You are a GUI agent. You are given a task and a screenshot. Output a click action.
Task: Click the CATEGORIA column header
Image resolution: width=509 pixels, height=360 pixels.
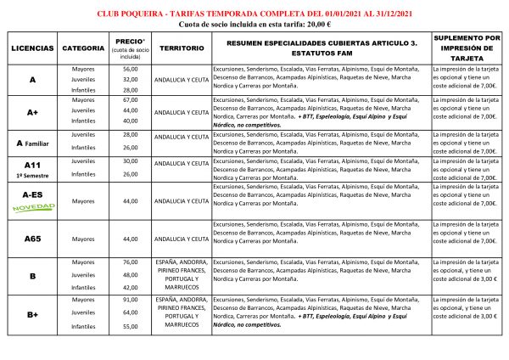tap(84, 48)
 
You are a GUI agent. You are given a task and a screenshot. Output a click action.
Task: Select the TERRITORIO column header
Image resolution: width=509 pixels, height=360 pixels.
tap(181, 48)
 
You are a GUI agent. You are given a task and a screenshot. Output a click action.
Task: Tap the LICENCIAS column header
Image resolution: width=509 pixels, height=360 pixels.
tap(33, 48)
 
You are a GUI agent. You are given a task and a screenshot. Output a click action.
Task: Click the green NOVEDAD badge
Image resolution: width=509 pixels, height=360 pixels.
tap(33, 207)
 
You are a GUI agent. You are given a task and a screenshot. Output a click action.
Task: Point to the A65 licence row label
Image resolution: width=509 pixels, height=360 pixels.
tap(33, 239)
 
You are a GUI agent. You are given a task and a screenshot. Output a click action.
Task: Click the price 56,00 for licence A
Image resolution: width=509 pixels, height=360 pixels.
tap(130, 69)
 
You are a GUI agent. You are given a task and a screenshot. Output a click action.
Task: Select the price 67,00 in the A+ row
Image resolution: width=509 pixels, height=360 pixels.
tap(130, 99)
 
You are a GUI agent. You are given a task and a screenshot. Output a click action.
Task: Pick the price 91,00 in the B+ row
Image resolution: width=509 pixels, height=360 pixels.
tap(130, 300)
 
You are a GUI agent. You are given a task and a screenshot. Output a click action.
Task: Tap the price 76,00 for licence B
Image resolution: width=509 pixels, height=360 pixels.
tap(130, 262)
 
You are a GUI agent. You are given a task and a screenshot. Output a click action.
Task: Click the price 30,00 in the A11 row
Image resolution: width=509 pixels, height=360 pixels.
tap(130, 161)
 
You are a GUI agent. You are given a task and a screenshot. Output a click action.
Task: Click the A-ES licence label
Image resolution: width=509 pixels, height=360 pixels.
tap(33, 194)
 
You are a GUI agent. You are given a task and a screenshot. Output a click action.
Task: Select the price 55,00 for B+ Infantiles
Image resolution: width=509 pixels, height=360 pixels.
tap(130, 325)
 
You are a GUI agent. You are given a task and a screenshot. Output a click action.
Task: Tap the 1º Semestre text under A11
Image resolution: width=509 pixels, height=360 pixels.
tap(33, 174)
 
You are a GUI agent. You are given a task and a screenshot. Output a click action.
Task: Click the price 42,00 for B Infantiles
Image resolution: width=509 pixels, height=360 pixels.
tap(130, 287)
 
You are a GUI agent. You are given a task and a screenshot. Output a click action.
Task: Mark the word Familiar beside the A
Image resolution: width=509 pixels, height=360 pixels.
tap(40, 143)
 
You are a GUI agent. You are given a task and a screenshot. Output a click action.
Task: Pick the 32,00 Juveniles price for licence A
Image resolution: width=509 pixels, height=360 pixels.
tap(130, 79)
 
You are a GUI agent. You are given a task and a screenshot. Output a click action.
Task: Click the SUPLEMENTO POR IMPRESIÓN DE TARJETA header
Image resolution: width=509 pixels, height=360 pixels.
tap(466, 48)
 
